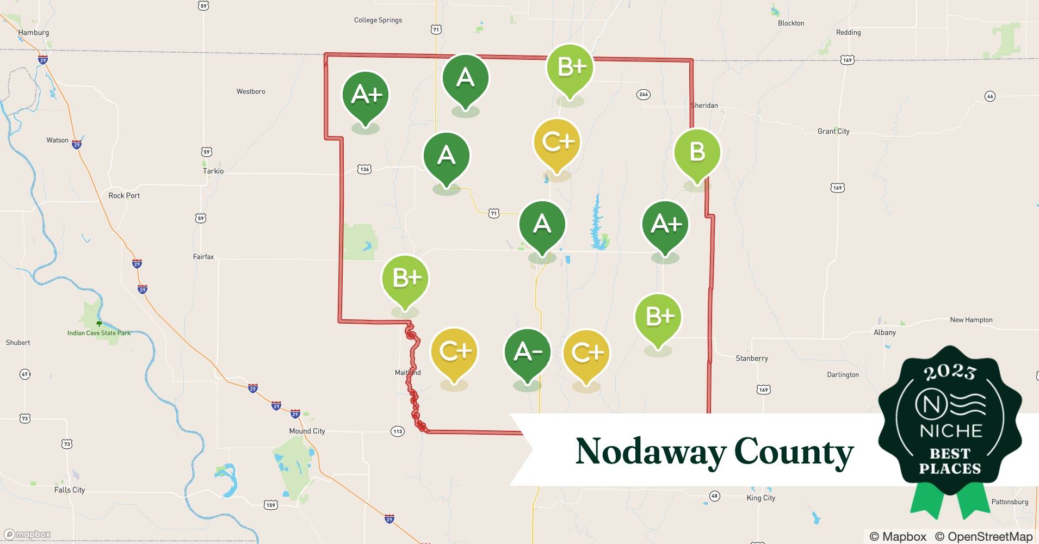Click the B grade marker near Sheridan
tap(697, 152)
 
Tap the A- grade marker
tap(527, 353)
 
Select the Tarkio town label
tap(213, 171)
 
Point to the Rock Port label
tap(124, 195)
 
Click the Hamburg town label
tap(33, 33)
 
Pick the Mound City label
tap(307, 431)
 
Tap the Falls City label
tap(70, 490)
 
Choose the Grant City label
tap(833, 131)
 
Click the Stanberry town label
tap(752, 358)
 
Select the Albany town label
tap(885, 332)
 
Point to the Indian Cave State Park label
tap(99, 333)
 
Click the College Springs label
tap(378, 20)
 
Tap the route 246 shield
tap(644, 94)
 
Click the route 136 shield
tap(364, 169)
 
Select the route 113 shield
tap(398, 431)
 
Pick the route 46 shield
tap(990, 96)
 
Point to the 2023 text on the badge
tap(950, 372)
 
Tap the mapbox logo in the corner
tap(27, 534)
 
